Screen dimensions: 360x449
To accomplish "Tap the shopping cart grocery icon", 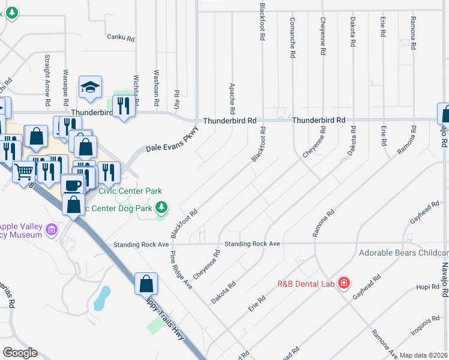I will click(x=24, y=172).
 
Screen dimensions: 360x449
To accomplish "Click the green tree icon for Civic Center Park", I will click(x=161, y=207).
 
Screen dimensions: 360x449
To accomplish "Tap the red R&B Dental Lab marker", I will click(x=343, y=282).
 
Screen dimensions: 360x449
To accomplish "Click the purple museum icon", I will click(x=52, y=229).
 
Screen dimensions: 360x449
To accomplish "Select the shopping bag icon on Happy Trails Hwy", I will click(x=146, y=283).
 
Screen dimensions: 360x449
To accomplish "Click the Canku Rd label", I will click(x=119, y=37).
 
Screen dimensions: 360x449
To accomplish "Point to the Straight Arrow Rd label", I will click(x=47, y=77).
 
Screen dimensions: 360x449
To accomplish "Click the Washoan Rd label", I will click(x=155, y=86).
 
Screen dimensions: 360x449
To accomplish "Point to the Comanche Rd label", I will click(x=292, y=37).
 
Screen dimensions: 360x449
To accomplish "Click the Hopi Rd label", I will click(x=427, y=287).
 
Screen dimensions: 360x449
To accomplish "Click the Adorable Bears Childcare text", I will click(x=403, y=253).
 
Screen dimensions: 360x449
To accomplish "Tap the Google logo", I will click(x=20, y=352).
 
